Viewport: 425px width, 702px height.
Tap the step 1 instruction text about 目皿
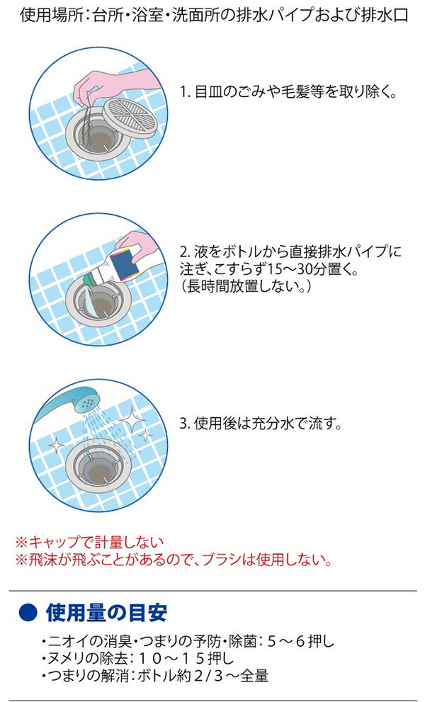point(287,93)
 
